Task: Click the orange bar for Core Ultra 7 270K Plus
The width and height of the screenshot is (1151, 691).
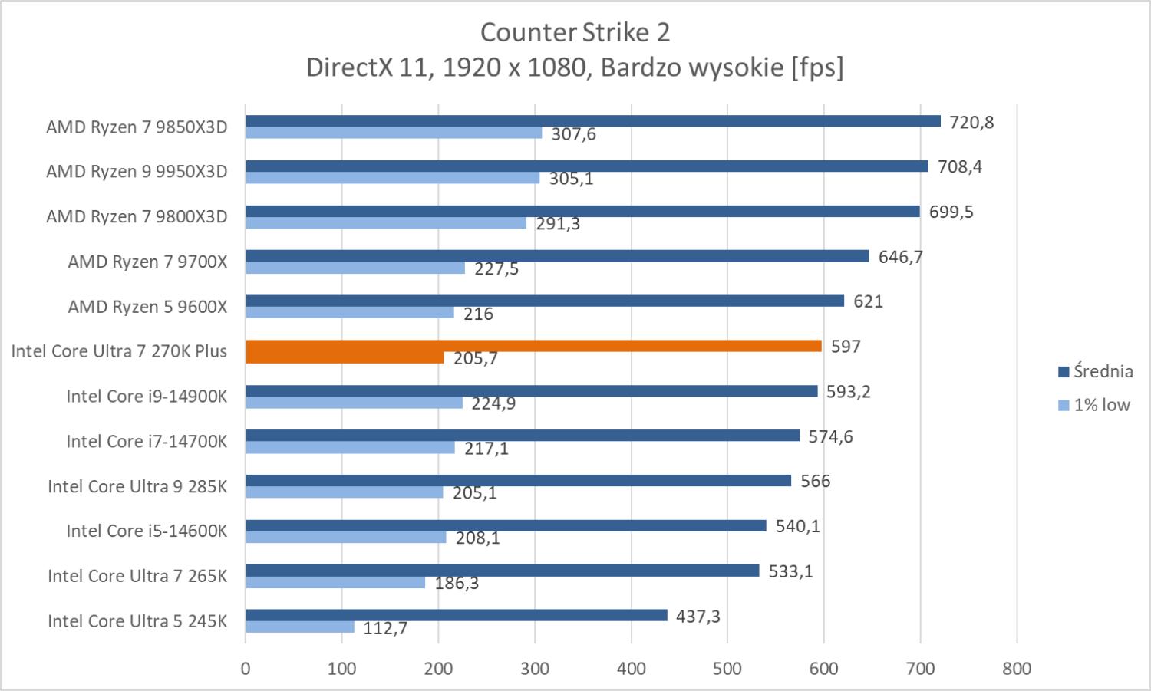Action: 533,347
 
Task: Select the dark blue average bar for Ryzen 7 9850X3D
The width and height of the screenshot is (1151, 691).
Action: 592,121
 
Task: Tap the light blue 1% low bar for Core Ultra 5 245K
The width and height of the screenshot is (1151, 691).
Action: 299,627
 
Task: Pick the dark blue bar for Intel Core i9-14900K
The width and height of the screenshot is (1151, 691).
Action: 531,391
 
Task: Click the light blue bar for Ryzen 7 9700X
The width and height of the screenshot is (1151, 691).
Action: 355,268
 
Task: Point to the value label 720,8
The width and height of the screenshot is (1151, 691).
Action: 971,123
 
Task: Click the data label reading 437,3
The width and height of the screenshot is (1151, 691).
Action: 698,617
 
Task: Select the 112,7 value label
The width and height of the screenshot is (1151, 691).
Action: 385,629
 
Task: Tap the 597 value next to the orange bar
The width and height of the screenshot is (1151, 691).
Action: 846,347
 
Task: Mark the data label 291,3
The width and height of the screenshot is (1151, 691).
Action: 558,224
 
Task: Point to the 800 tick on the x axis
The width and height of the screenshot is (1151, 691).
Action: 1017,669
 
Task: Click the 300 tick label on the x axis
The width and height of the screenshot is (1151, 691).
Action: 535,669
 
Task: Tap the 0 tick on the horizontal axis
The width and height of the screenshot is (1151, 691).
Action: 246,669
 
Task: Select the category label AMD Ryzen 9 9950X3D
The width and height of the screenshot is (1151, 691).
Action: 137,172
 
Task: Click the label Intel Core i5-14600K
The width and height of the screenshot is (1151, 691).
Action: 147,531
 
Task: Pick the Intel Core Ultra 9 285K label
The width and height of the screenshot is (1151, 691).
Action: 137,487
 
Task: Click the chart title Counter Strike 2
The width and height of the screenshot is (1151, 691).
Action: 575,32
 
